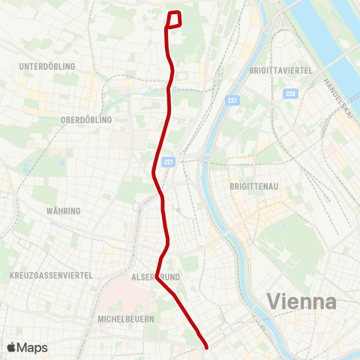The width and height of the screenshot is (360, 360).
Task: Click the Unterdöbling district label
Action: coord(47,67)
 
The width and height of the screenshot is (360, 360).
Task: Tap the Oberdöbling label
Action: coord(85,120)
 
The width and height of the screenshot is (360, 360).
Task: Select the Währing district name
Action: coord(63,211)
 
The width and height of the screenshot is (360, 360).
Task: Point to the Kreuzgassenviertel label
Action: coord(51,276)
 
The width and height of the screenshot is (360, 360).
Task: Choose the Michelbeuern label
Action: coord(126,319)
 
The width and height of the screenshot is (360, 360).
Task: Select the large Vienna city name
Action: coord(301,302)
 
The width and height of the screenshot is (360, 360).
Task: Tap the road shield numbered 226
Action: coord(290,94)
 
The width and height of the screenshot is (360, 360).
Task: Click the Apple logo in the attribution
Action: coord(12,347)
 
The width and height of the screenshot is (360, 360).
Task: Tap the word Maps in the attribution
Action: coord(32,347)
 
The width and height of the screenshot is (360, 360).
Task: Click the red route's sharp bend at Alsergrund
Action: coord(157,276)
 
